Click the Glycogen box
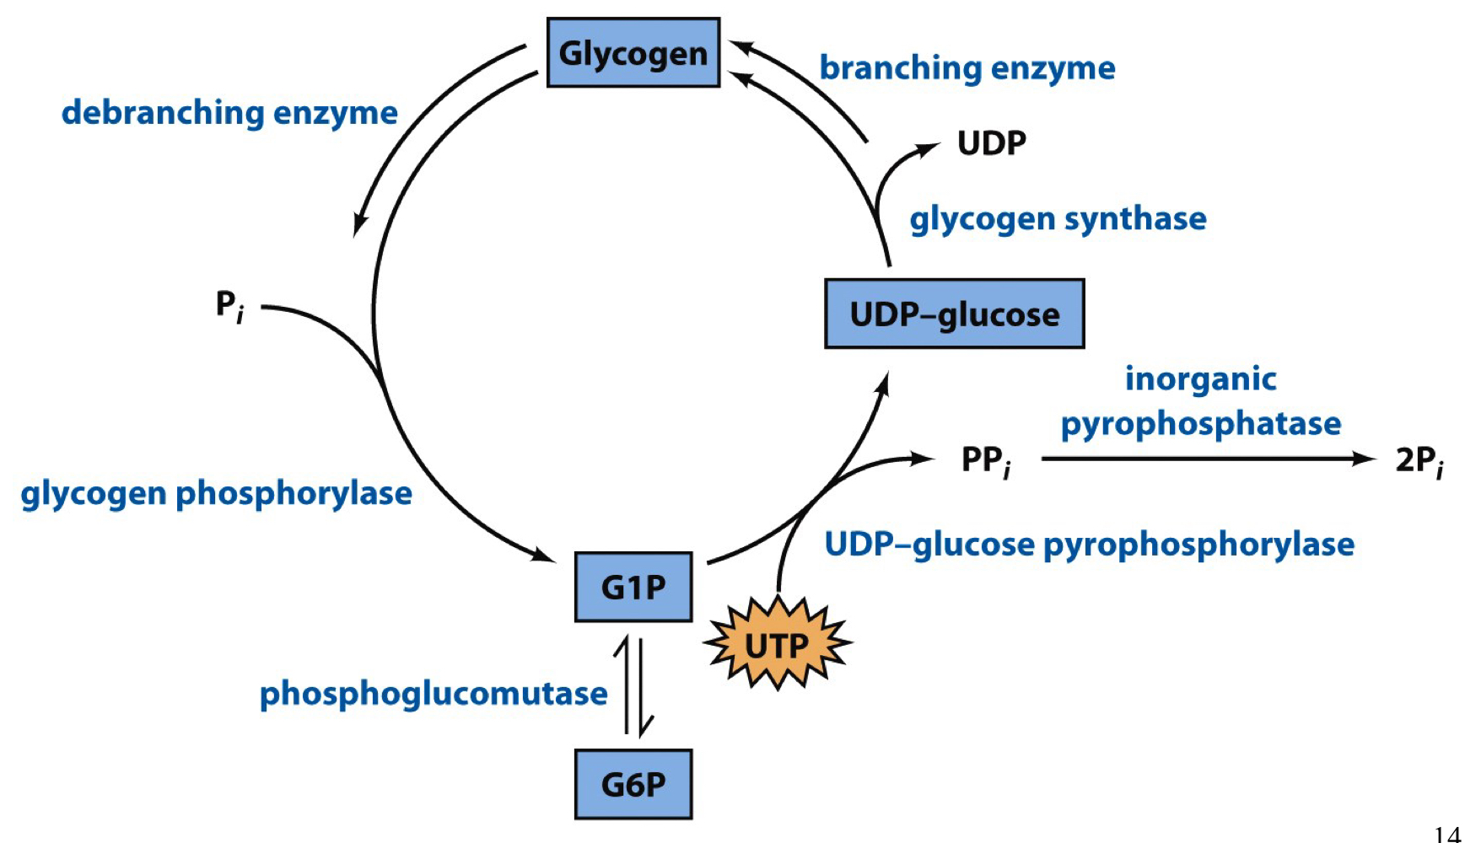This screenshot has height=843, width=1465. click(x=633, y=53)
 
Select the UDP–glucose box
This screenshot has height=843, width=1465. click(x=954, y=314)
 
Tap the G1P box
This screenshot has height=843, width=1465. click(x=633, y=587)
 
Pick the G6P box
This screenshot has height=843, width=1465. click(x=633, y=784)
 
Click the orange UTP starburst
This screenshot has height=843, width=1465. click(x=777, y=645)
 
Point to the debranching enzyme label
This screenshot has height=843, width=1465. click(x=229, y=112)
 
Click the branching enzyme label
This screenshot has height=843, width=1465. click(x=967, y=67)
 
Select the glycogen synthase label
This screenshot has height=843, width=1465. click(x=1058, y=218)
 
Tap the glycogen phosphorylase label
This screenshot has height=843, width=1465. click(x=216, y=493)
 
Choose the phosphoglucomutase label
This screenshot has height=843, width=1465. click(x=433, y=693)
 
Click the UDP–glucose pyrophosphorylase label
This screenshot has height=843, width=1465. click(x=1089, y=544)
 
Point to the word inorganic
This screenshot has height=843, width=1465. click(x=1200, y=379)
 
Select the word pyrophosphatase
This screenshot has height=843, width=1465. click(x=1200, y=423)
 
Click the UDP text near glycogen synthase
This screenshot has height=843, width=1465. click(x=991, y=142)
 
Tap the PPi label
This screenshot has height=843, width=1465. click(x=985, y=461)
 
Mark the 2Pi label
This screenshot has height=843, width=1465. click(x=1419, y=461)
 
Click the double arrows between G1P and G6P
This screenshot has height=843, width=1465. click(x=633, y=685)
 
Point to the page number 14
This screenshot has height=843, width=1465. click(x=1446, y=834)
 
